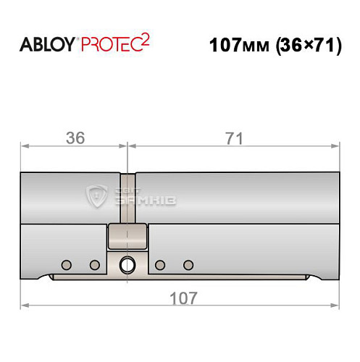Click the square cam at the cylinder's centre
click(x=127, y=235)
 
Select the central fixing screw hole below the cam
click(x=127, y=264)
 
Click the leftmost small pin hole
click(x=66, y=264)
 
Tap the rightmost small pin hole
click(x=189, y=264)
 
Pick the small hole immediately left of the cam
click(x=94, y=264)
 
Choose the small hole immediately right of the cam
click(x=160, y=264)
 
